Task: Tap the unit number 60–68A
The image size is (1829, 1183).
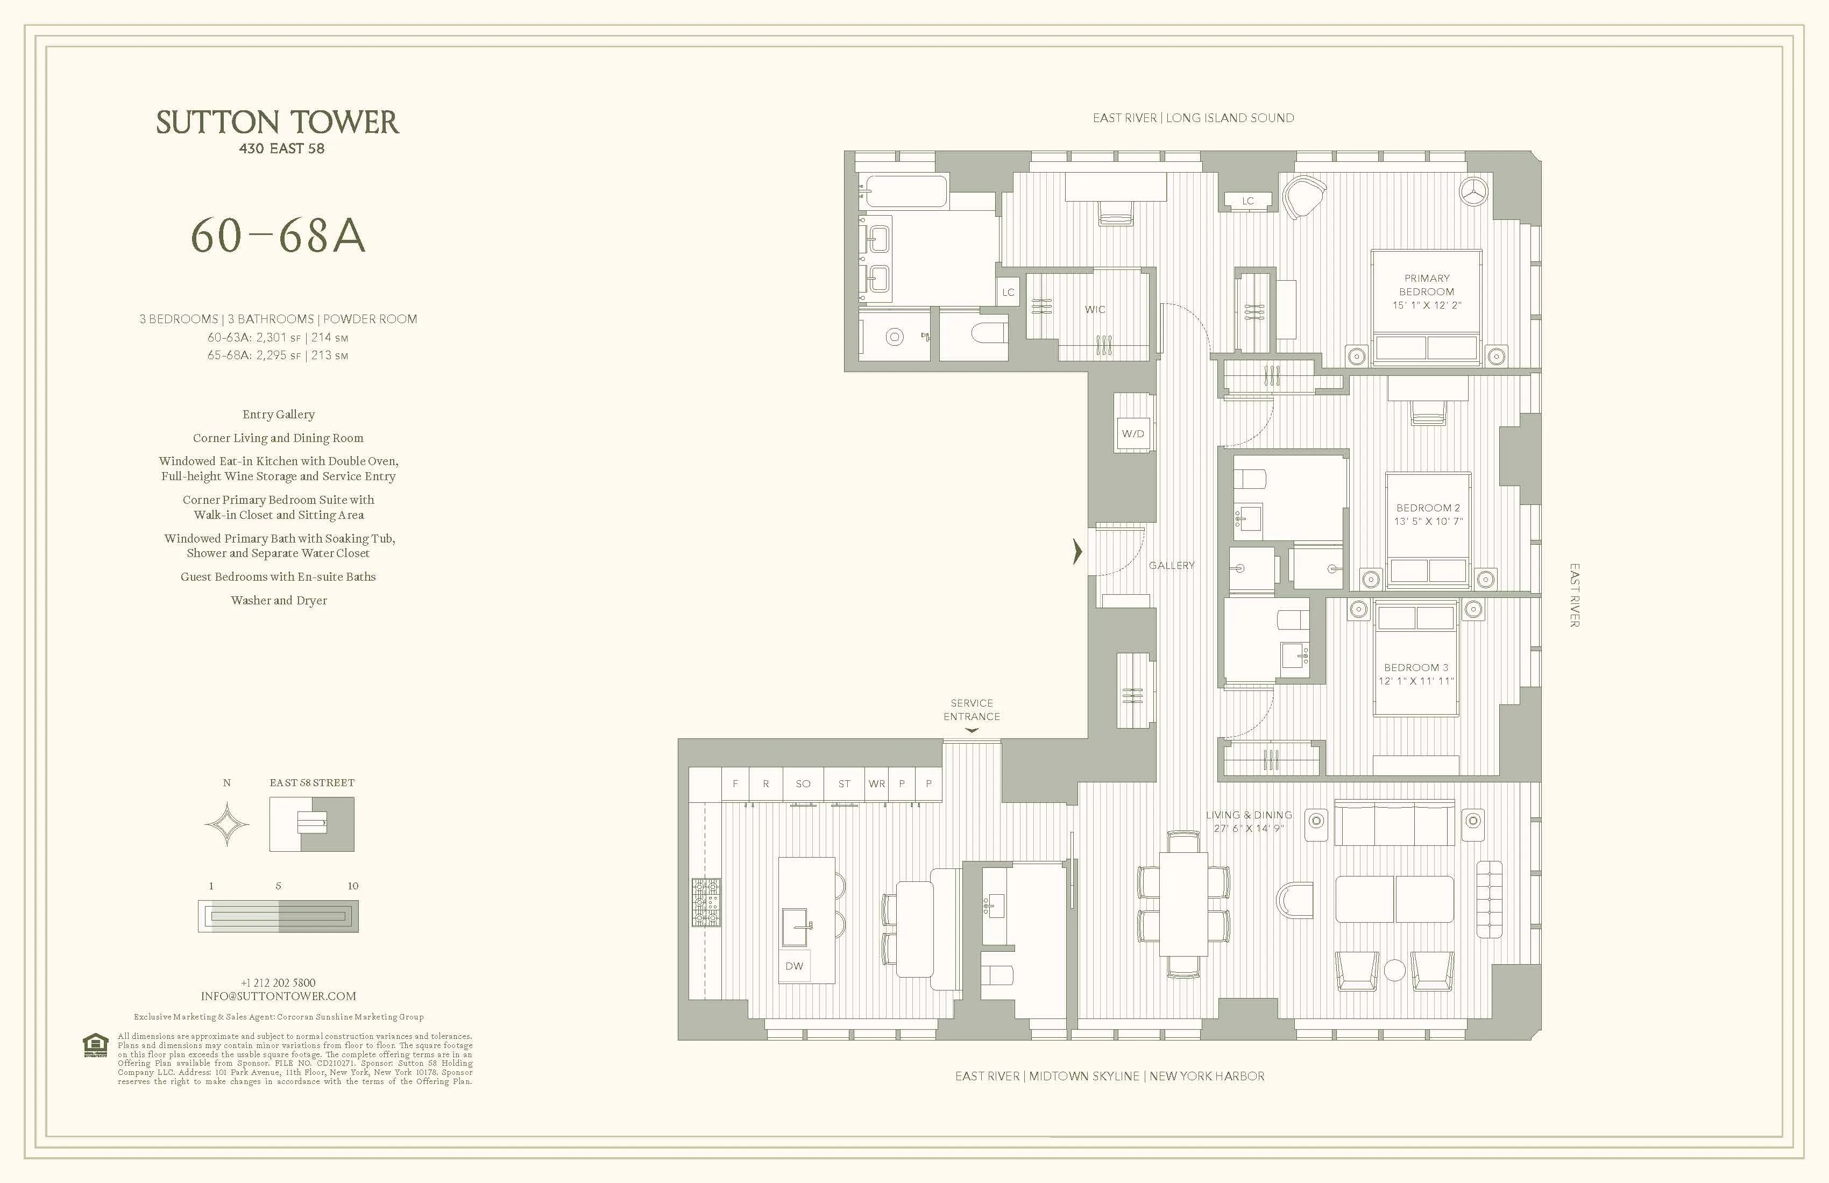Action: (x=278, y=235)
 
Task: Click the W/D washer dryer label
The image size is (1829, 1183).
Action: (x=1133, y=433)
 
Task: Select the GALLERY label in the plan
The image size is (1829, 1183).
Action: (x=1171, y=565)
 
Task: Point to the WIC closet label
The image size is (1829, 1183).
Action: (x=1095, y=310)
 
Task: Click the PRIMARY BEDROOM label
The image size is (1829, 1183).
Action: (x=1426, y=285)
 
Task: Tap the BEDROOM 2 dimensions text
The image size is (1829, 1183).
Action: (x=1428, y=522)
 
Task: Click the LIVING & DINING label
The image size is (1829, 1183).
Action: (x=1248, y=815)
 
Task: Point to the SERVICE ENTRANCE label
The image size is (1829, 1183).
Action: (x=972, y=710)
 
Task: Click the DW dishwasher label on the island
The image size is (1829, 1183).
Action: (x=794, y=966)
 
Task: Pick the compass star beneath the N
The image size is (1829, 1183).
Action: (x=226, y=825)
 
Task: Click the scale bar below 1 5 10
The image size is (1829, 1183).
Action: (x=278, y=916)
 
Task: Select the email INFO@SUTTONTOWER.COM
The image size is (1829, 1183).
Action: (x=278, y=996)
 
